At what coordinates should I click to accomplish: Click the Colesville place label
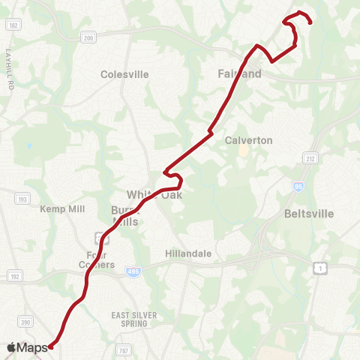click(x=124, y=74)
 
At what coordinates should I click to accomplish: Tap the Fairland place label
click(x=240, y=74)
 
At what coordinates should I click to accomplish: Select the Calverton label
click(x=249, y=140)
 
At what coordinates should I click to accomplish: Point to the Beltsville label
click(x=309, y=214)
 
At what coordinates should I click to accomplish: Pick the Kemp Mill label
click(x=59, y=208)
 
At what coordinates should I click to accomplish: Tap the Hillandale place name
click(x=188, y=254)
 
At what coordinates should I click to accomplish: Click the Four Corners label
click(x=95, y=259)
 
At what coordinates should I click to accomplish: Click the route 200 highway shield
click(x=88, y=38)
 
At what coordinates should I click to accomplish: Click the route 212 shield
click(x=310, y=158)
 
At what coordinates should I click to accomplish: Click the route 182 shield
click(x=13, y=25)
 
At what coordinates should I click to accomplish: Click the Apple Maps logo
click(x=27, y=347)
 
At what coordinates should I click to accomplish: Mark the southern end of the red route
click(x=51, y=346)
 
